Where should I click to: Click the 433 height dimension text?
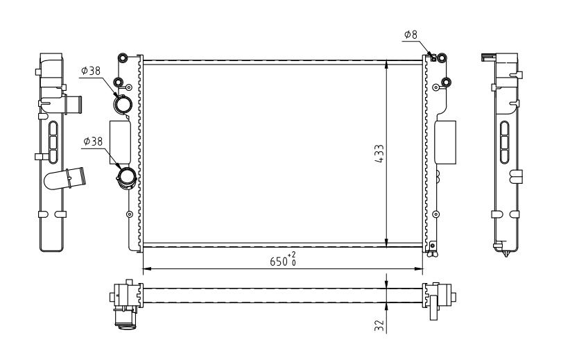[379, 153]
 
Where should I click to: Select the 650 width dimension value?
[279, 261]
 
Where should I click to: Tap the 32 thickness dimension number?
[379, 325]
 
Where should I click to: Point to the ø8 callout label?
[411, 35]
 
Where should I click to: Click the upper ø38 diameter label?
[91, 71]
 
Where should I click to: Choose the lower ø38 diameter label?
[93, 141]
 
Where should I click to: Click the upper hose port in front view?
[123, 104]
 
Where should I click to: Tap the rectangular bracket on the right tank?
[445, 142]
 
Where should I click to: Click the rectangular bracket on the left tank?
[120, 142]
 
